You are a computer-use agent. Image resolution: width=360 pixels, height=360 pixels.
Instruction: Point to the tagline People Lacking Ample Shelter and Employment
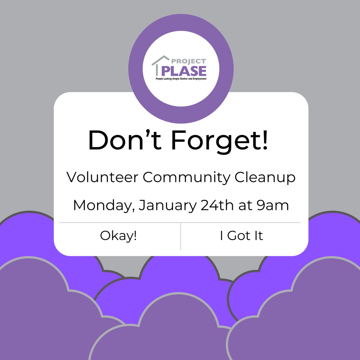(181, 79)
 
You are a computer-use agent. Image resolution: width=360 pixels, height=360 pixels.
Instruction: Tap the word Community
(186, 178)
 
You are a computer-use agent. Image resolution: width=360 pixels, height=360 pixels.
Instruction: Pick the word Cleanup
(265, 178)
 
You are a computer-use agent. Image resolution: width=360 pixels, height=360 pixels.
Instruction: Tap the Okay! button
(118, 236)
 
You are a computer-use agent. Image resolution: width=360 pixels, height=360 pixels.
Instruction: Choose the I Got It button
(241, 236)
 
